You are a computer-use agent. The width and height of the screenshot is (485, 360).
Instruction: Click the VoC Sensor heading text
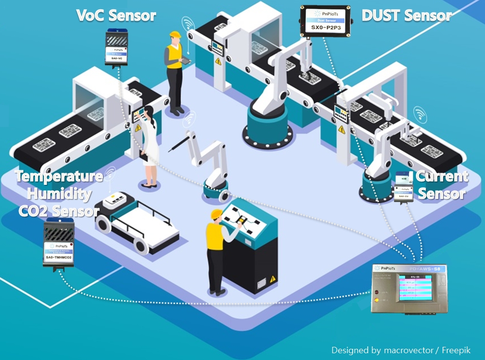coord(116,16)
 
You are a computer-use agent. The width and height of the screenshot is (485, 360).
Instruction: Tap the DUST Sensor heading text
coord(407,16)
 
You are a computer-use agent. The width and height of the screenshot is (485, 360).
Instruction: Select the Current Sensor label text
coord(442,185)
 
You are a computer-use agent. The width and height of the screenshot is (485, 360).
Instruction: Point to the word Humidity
coord(59,194)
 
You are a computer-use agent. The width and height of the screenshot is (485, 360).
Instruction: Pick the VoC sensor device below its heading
coord(117,47)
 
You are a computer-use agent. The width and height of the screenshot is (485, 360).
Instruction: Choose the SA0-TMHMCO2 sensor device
coord(59,242)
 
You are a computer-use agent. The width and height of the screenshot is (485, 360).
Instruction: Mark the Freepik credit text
coord(401,350)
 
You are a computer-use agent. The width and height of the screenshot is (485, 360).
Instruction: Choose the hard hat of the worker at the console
coord(216,214)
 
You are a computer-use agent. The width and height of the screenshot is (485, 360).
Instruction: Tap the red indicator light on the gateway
coord(377,292)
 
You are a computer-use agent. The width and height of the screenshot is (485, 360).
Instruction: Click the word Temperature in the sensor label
coord(59,176)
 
